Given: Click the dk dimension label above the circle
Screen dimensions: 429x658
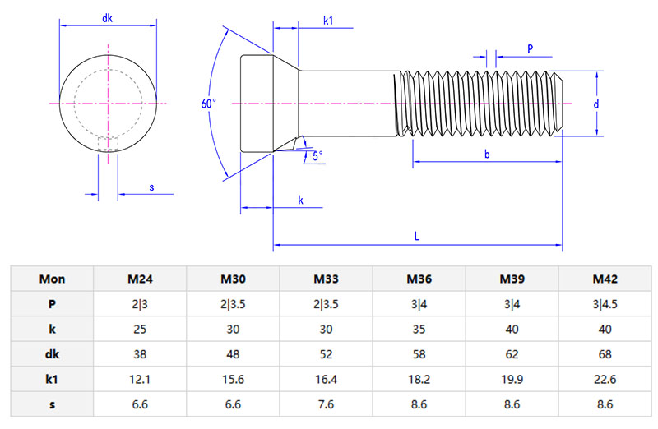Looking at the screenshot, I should [x=107, y=18].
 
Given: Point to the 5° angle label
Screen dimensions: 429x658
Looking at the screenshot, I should [x=317, y=155].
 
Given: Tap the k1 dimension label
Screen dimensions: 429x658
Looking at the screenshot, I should [x=328, y=19].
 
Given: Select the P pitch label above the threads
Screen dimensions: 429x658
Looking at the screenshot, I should [x=531, y=49].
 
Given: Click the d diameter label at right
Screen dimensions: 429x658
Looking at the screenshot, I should [x=595, y=104].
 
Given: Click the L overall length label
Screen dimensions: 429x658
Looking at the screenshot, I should [x=417, y=236].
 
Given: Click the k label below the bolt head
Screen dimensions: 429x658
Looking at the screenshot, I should [x=300, y=200].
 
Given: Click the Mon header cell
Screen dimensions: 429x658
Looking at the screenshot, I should [x=53, y=279].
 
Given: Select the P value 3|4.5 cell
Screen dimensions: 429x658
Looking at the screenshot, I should [x=605, y=303].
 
